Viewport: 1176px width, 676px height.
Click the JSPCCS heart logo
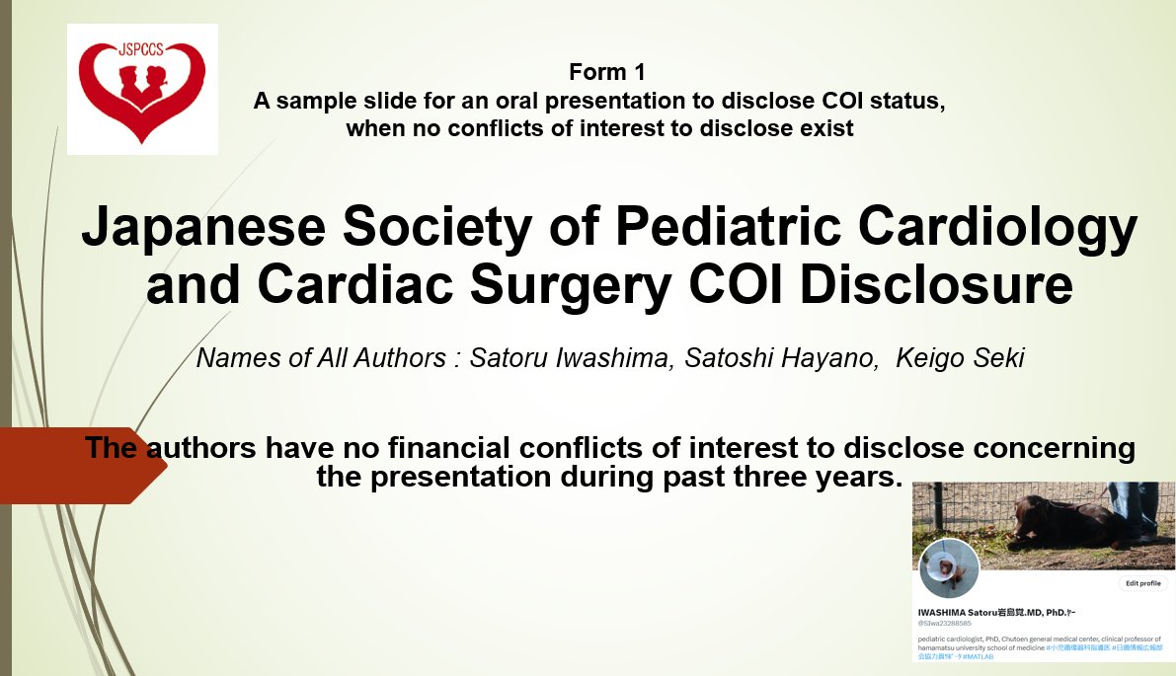pyautogui.click(x=142, y=89)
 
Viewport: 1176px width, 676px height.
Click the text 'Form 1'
pyautogui.click(x=599, y=72)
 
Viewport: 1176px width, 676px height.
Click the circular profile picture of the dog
pyautogui.click(x=949, y=568)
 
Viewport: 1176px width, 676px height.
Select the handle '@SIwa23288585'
pyautogui.click(x=945, y=624)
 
